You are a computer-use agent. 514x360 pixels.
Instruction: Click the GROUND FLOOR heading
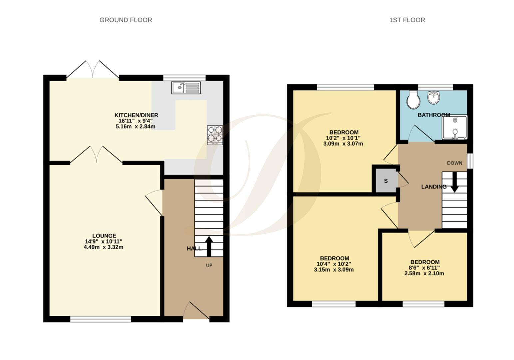coord(126,20)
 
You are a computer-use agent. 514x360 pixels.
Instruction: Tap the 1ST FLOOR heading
coord(407,20)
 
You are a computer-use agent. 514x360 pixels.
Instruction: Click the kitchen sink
coord(186,88)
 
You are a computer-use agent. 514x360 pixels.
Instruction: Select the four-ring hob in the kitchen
coord(215,135)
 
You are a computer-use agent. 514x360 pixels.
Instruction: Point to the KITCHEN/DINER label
coord(136,115)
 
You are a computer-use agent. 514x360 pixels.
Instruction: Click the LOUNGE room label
coord(104,236)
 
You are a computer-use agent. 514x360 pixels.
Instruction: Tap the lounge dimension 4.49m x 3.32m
coord(104,247)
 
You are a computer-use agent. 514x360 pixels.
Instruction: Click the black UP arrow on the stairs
coord(209,246)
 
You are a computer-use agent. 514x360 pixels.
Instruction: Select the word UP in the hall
coord(209,266)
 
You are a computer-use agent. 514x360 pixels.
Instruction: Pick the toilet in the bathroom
coord(413,100)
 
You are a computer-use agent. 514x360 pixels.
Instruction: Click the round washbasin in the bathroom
coord(434,97)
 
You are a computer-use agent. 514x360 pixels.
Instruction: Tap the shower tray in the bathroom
coord(455,127)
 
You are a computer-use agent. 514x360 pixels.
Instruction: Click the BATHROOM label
coord(434,115)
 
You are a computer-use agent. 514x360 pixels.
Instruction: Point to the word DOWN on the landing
coord(455,163)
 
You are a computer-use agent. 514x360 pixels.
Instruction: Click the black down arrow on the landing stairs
coord(455,182)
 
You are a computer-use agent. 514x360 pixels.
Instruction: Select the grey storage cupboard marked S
coord(386,181)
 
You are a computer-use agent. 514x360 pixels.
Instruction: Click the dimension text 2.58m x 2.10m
coord(424,273)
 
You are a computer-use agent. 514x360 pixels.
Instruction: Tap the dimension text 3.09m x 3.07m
coord(343,144)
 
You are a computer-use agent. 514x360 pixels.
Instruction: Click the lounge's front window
coord(101,319)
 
